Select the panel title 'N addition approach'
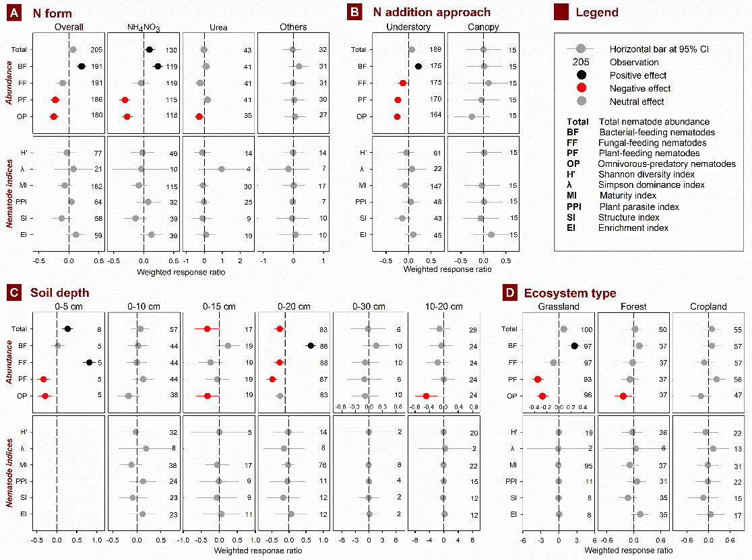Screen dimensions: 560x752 pyautogui.click(x=431, y=12)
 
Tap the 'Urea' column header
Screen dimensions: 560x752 pyautogui.click(x=219, y=28)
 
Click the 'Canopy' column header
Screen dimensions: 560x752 pyautogui.click(x=483, y=28)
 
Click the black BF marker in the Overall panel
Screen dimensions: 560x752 pyautogui.click(x=82, y=67)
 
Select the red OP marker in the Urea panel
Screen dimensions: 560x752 pyautogui.click(x=199, y=116)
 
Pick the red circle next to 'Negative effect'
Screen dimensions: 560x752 pyautogui.click(x=580, y=88)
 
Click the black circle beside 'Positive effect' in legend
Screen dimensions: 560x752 pyautogui.click(x=580, y=75)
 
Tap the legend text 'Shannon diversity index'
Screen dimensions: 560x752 pyautogui.click(x=643, y=175)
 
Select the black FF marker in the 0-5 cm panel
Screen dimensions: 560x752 pyautogui.click(x=89, y=362)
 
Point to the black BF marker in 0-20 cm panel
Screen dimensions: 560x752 pyautogui.click(x=311, y=345)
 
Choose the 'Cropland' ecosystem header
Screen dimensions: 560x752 pyautogui.click(x=708, y=307)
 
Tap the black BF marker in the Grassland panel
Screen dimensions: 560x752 pyautogui.click(x=574, y=346)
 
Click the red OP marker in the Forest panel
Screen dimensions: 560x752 pyautogui.click(x=623, y=396)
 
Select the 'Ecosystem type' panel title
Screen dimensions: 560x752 pyautogui.click(x=570, y=293)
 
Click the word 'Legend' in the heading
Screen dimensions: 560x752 pyautogui.click(x=597, y=12)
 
